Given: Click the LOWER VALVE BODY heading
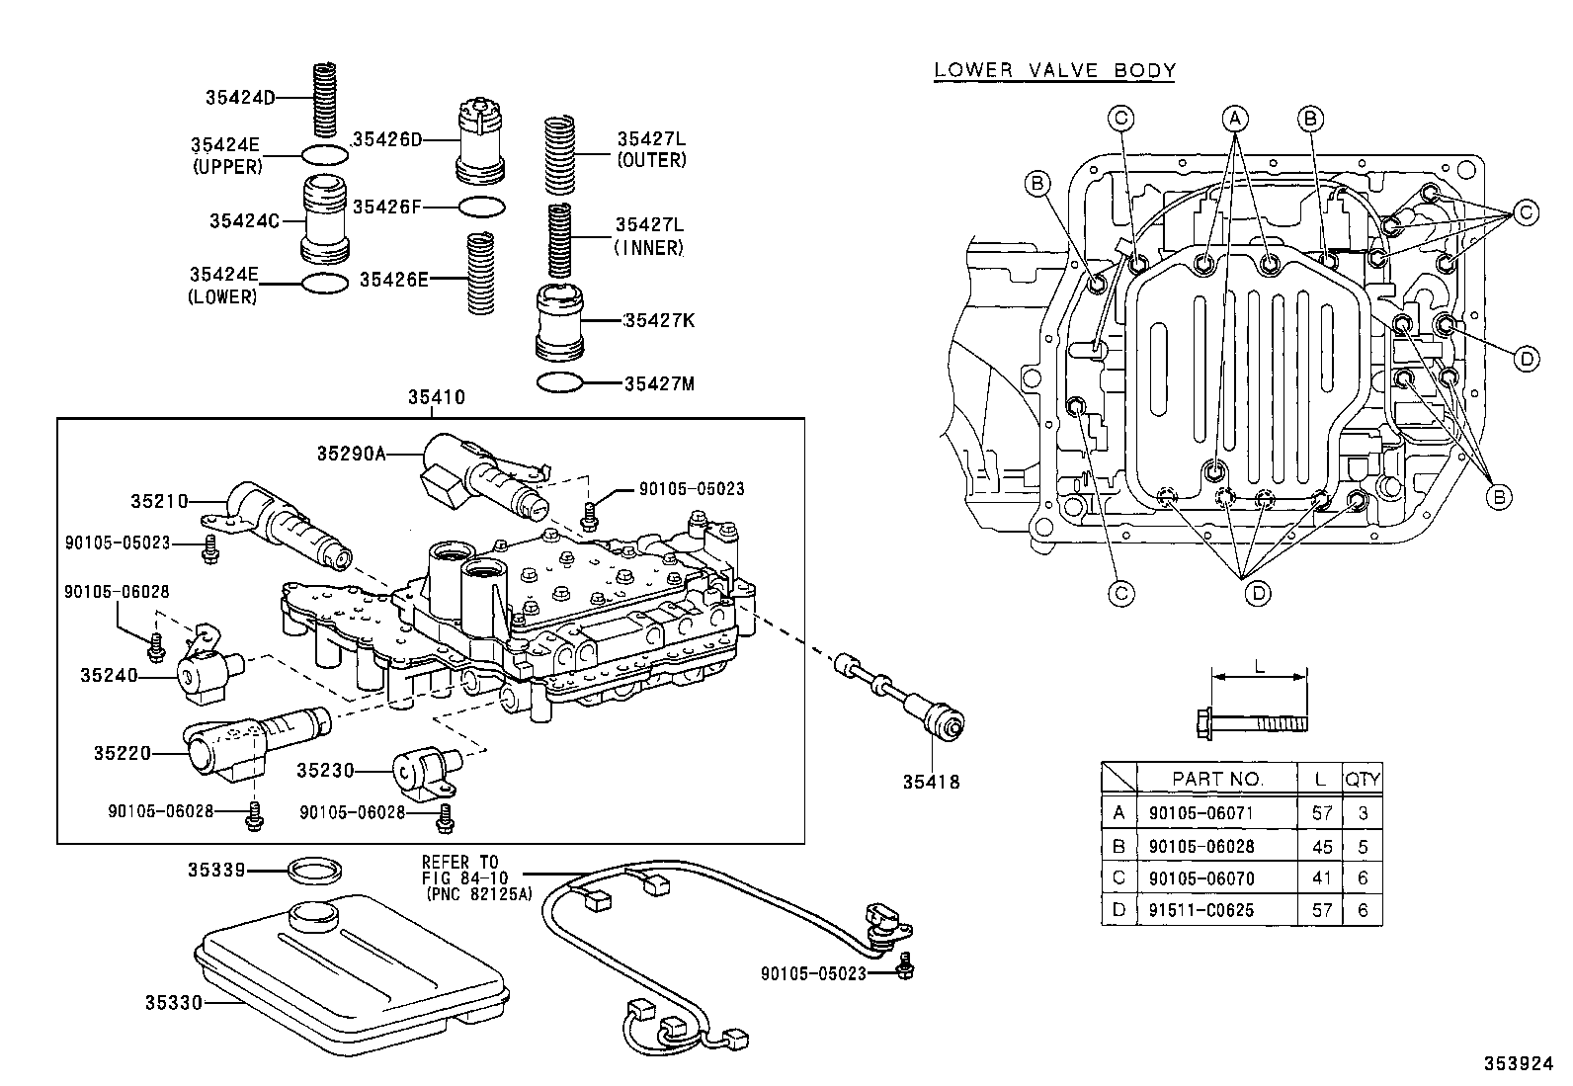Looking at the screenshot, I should (1054, 70).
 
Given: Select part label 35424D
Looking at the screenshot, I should (240, 97).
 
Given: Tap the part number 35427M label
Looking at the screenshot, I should (659, 383).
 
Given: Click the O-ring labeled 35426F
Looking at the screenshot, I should (483, 208).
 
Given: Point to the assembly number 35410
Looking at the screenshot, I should (436, 398).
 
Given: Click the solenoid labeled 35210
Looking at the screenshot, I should (287, 524).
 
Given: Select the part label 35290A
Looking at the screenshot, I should (351, 454).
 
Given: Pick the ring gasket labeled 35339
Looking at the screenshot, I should (316, 873).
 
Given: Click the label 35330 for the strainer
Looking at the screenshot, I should (174, 1003).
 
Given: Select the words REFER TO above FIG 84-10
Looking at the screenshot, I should (460, 862).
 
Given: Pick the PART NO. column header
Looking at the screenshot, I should (1216, 779).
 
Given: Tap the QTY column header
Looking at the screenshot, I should (1362, 779).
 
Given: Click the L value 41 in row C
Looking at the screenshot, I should (1321, 877).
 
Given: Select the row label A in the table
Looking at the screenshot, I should (1118, 813).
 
